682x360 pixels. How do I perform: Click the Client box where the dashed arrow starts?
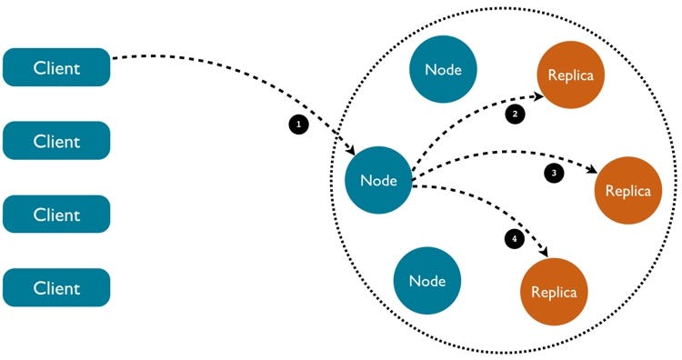pos(56,67)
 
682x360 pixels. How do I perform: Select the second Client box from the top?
pos(56,141)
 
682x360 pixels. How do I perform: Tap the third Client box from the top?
pos(56,215)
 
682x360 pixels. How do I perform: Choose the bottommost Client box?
pos(56,288)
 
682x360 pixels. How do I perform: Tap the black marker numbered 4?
pos(514,238)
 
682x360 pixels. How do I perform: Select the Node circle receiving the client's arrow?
pos(378,180)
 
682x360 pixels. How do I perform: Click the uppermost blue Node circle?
pos(444,70)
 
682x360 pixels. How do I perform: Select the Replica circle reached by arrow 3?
pos(627,191)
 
